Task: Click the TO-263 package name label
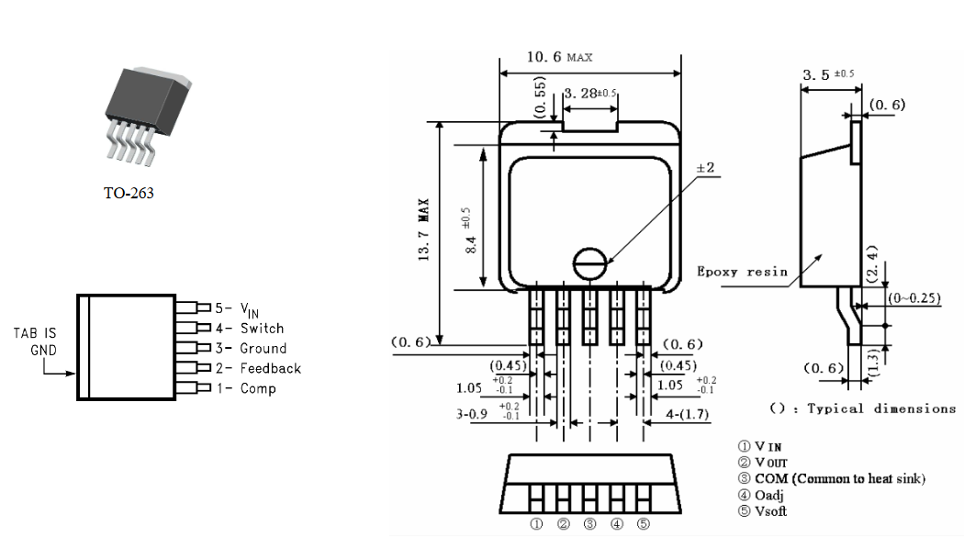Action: pyautogui.click(x=129, y=193)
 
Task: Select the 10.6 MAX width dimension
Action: pyautogui.click(x=559, y=57)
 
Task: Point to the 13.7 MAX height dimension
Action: pyautogui.click(x=423, y=230)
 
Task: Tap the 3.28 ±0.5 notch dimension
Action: pyautogui.click(x=590, y=94)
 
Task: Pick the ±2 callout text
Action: pyautogui.click(x=705, y=167)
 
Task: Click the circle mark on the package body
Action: pyautogui.click(x=590, y=263)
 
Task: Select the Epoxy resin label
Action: pyautogui.click(x=742, y=271)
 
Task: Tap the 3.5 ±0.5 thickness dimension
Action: pyautogui.click(x=828, y=74)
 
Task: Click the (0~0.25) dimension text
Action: pyautogui.click(x=914, y=298)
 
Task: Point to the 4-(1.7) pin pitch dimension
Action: pyautogui.click(x=688, y=415)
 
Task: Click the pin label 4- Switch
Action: pyautogui.click(x=250, y=329)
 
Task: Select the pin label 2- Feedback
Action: pyautogui.click(x=258, y=368)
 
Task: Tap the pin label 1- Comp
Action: pyautogui.click(x=246, y=388)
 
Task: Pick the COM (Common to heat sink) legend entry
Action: pyautogui.click(x=832, y=478)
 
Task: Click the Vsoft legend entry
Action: pyautogui.click(x=762, y=511)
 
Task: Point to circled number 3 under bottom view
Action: pyautogui.click(x=590, y=524)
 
